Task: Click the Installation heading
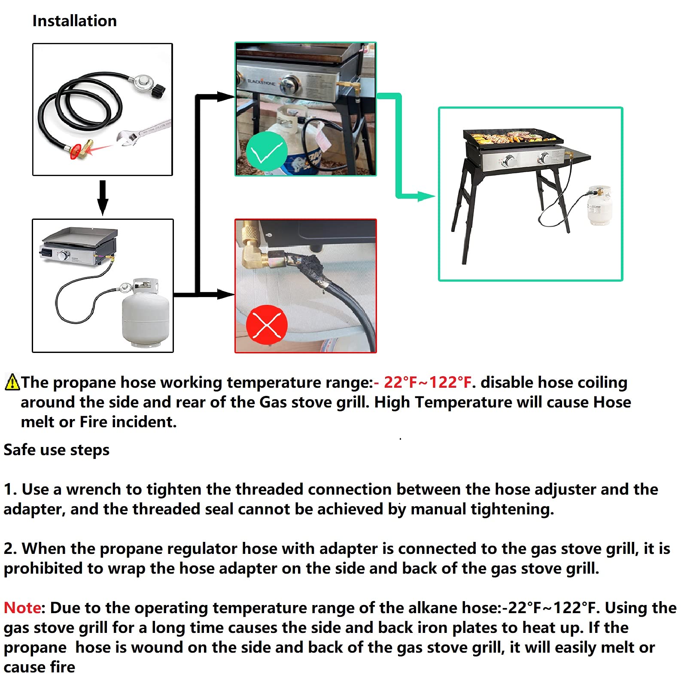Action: click(74, 21)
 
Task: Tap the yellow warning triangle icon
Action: click(12, 382)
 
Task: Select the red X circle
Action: click(267, 324)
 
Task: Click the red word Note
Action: click(22, 608)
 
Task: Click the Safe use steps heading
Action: click(56, 450)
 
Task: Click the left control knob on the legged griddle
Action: click(510, 161)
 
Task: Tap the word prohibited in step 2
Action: click(43, 568)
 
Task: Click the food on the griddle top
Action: click(511, 138)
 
